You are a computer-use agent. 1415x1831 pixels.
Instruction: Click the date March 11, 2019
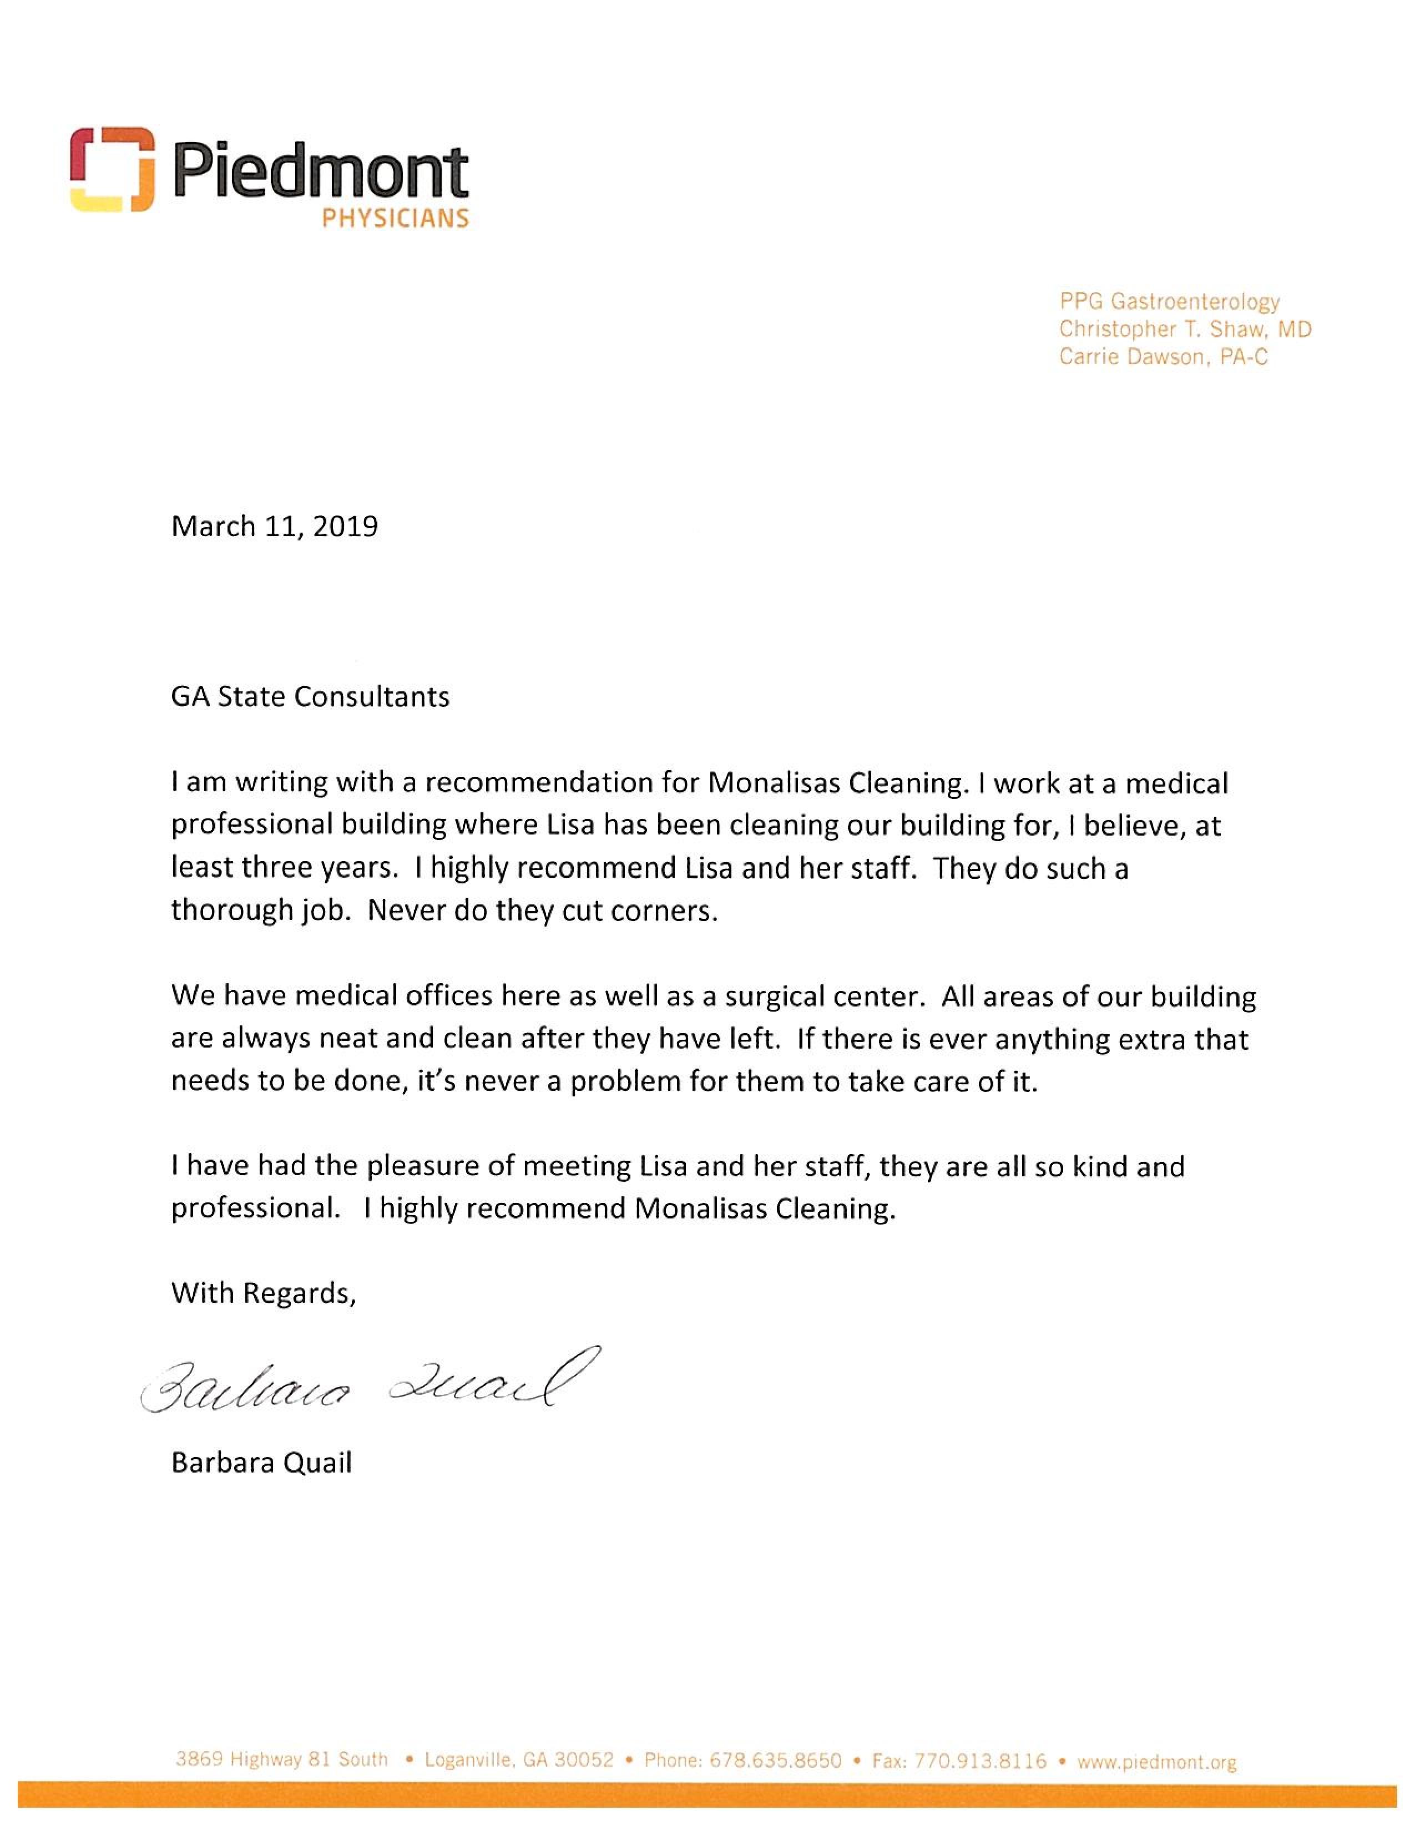point(274,527)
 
